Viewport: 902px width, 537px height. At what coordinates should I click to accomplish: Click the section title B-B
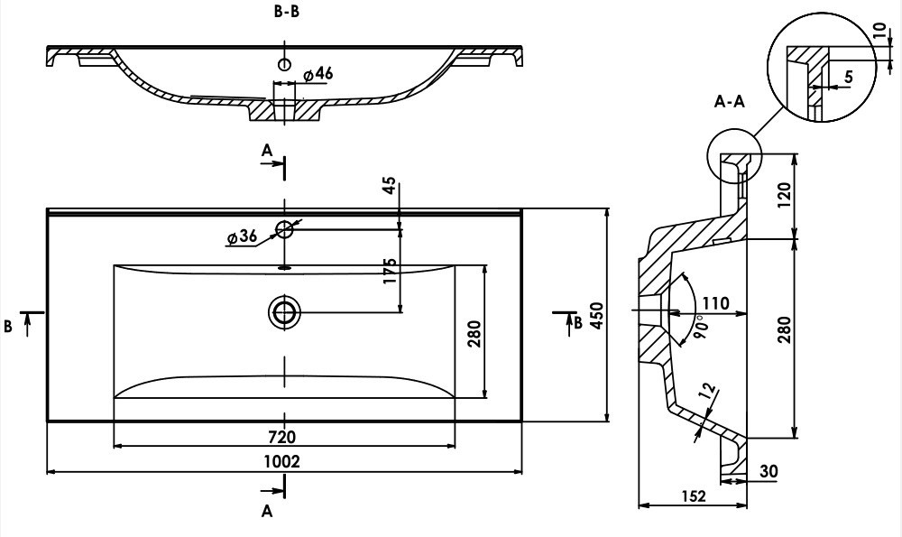point(287,11)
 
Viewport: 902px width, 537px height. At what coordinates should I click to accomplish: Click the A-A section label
point(730,102)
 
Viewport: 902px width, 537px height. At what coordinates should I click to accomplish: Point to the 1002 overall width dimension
point(281,461)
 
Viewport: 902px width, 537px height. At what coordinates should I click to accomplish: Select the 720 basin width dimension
point(281,438)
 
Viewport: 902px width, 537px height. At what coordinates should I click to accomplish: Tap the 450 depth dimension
point(596,315)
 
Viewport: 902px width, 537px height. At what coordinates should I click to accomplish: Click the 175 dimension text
point(390,271)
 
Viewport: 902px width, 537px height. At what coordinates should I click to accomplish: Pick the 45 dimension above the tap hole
point(390,185)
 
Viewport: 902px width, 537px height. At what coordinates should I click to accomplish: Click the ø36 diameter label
point(242,236)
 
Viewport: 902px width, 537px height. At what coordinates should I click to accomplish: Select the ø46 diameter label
point(317,74)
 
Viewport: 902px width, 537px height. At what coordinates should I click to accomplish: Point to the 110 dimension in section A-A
point(715,302)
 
